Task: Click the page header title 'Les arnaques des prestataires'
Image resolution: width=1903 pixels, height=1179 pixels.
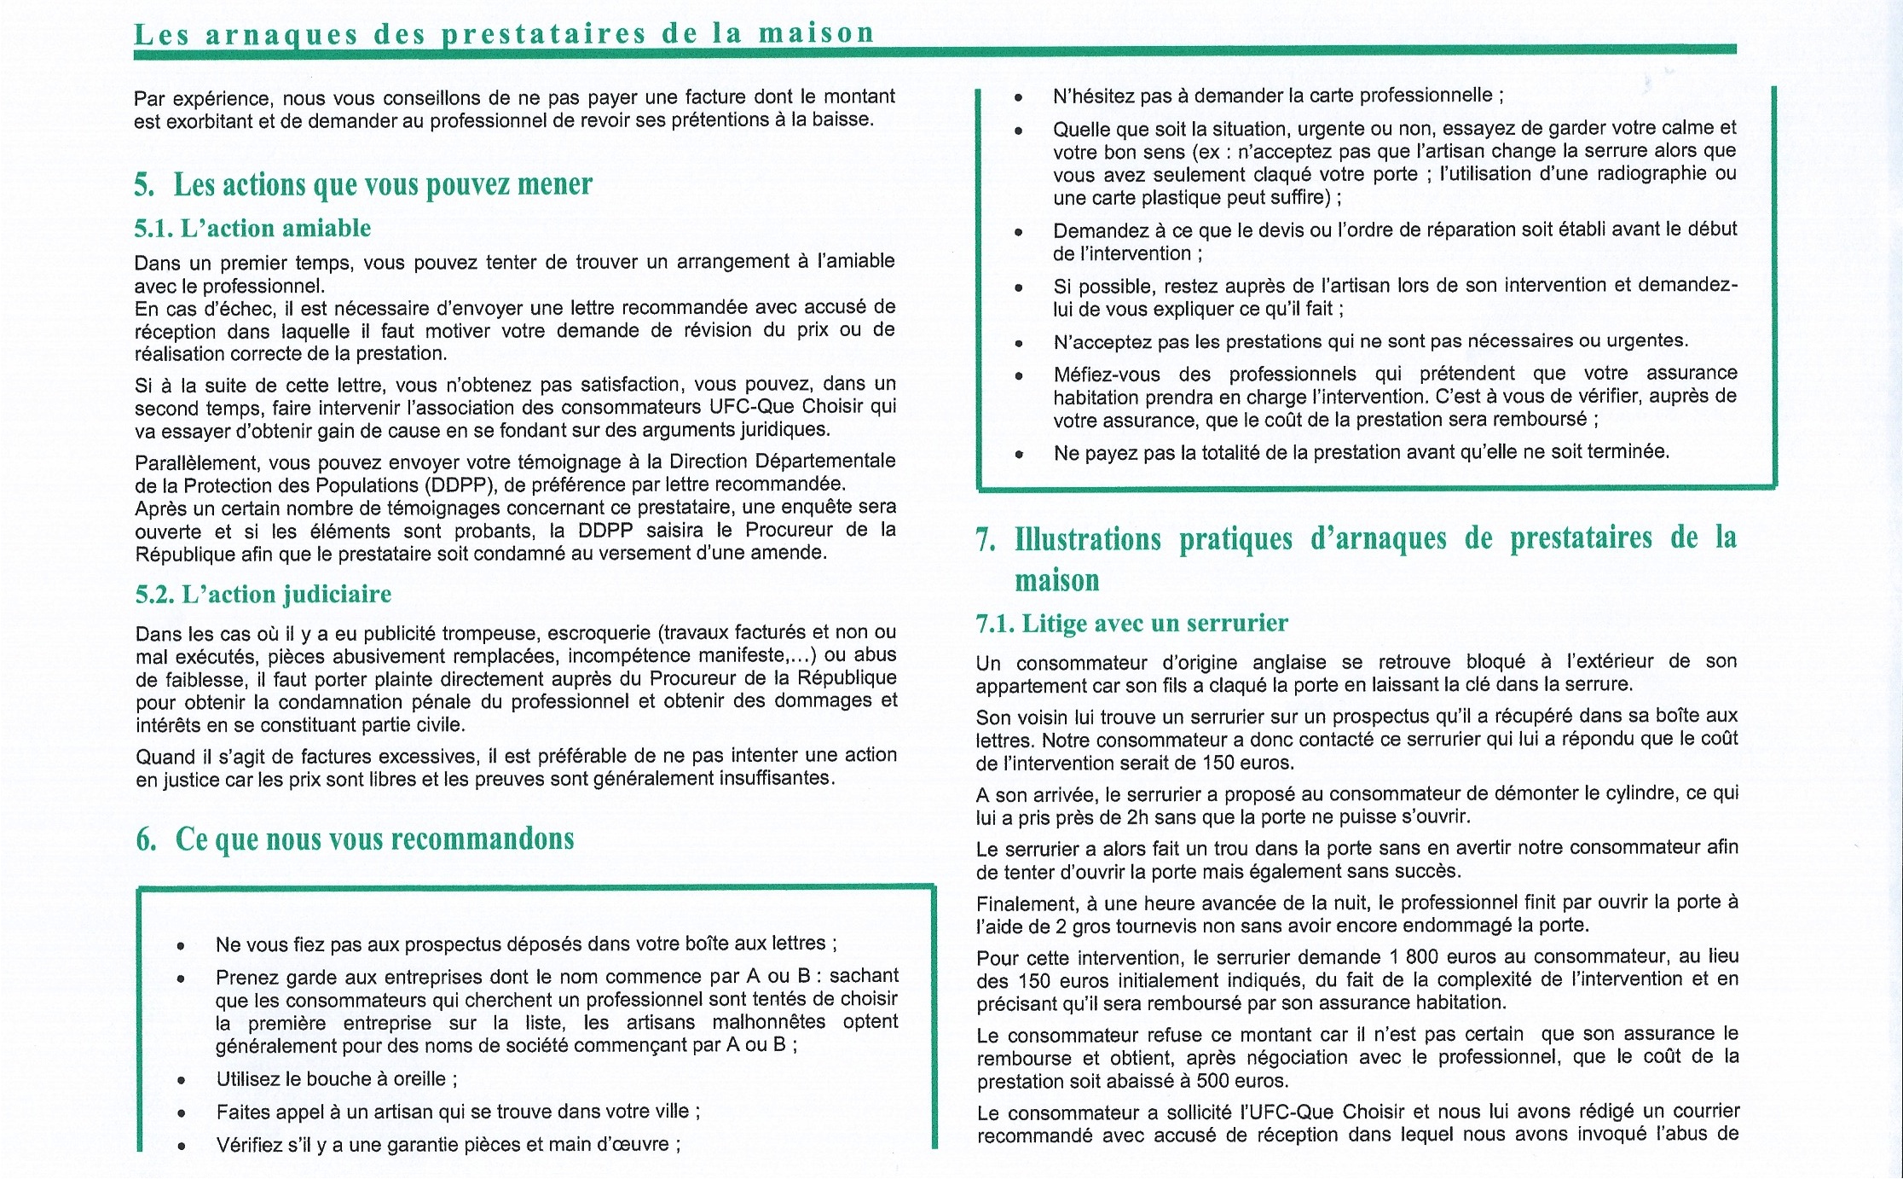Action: pos(504,33)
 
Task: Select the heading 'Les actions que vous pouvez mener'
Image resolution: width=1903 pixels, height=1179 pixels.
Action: pos(383,184)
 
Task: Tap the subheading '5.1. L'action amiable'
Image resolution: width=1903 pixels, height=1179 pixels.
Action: pos(253,229)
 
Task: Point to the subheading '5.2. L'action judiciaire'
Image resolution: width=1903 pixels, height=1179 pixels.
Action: pos(263,595)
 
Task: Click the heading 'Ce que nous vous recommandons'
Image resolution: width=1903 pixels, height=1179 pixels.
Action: pos(375,839)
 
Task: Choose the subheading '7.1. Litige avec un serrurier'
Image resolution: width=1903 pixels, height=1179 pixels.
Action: pos(1131,624)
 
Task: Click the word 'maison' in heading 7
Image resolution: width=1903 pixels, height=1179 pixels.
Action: pos(1057,581)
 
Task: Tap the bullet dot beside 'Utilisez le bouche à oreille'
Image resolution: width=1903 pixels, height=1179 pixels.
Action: pos(181,1081)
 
